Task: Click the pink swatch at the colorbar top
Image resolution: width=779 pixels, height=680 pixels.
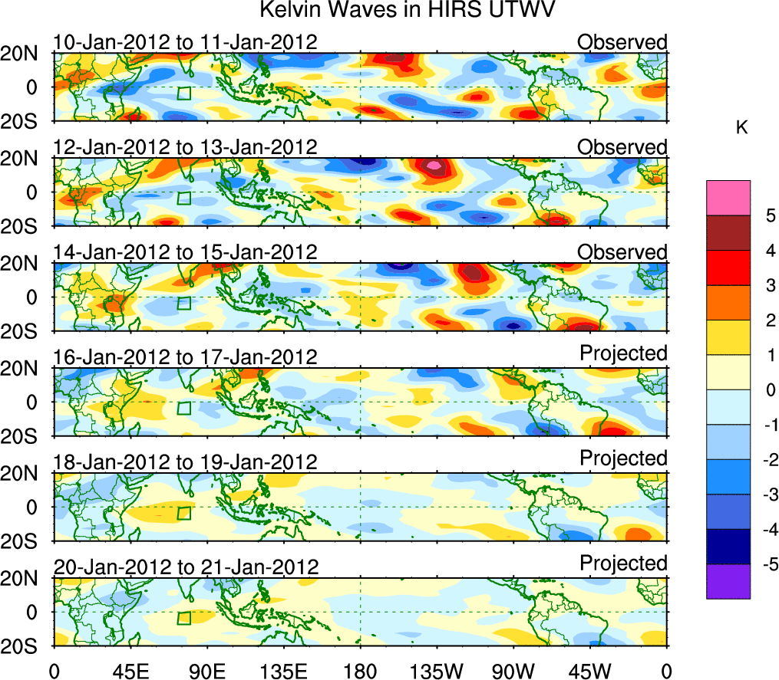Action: (x=728, y=198)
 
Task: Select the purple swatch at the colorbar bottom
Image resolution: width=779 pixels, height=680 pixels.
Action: (x=728, y=581)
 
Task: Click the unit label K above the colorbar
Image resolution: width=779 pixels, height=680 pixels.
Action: (x=741, y=128)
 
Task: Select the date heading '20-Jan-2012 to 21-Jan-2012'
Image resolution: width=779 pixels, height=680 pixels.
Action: (x=185, y=567)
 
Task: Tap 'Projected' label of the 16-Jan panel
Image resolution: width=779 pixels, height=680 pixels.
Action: (x=623, y=353)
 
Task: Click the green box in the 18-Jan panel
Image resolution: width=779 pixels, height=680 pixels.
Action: (x=183, y=514)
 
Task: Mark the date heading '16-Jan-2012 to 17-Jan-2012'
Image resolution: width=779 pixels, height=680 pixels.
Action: (x=185, y=357)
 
